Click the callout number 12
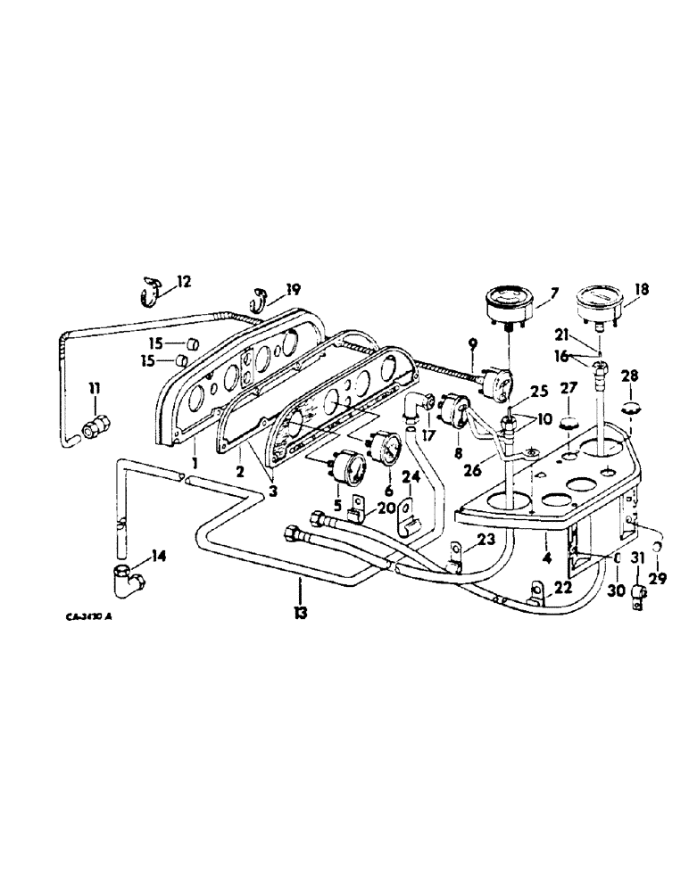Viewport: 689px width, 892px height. coord(183,281)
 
